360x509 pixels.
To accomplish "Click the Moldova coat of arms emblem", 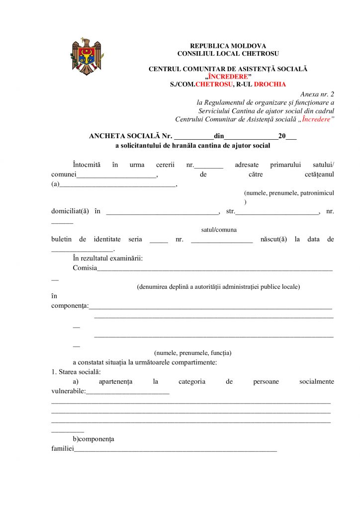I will click(86, 56).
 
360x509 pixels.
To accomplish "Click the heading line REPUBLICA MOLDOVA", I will click(228, 46).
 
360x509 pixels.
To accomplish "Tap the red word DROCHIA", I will click(270, 84).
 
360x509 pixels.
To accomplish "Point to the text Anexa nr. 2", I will click(318, 94).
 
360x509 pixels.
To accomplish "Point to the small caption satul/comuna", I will click(219, 230).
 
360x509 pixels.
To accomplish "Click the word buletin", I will click(62, 239).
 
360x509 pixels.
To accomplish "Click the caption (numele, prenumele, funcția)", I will click(192, 353).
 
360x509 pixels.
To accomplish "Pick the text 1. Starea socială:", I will click(76, 372).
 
